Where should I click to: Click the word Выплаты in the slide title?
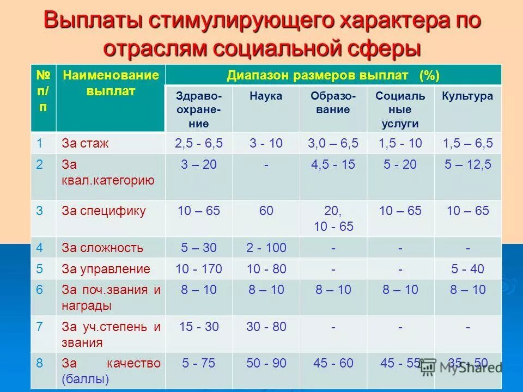coord(93,21)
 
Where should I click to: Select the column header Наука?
coord(266,96)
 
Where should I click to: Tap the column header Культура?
coord(467,96)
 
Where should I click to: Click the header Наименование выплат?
coord(111,83)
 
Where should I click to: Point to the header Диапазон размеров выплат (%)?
coord(333,75)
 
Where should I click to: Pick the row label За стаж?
coord(85,144)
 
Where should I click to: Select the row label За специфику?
coord(104,211)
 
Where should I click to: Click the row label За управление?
coord(106,269)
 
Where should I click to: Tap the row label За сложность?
coord(102,248)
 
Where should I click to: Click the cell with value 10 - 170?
coord(199,269)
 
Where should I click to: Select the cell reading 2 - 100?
coord(266,248)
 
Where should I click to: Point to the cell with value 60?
coord(266,211)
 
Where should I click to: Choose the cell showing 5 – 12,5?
coord(467,164)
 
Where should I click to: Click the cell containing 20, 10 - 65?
coord(333,218)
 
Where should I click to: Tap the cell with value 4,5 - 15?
coord(333,164)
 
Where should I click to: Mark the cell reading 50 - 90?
coord(266,363)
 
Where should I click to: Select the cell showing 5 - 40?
coord(467,269)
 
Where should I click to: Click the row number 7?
coord(39,327)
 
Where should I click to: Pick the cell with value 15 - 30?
coord(199,327)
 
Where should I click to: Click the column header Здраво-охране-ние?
coord(199,109)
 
